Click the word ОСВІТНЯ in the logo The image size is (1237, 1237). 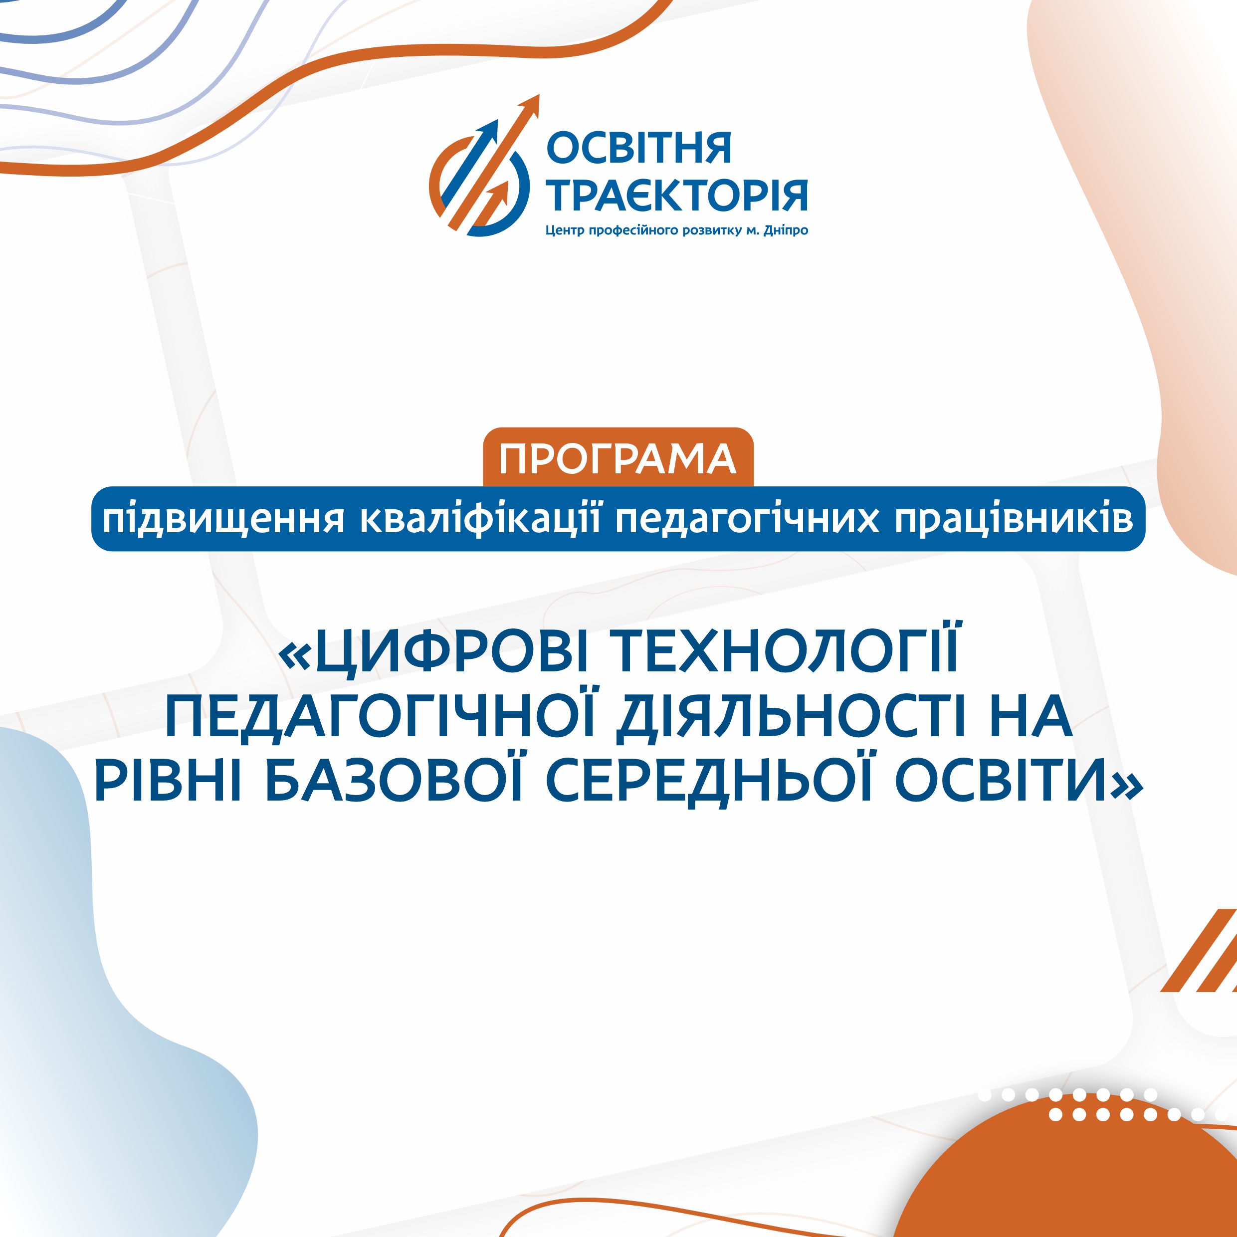tap(638, 149)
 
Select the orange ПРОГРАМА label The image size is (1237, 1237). tap(618, 458)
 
